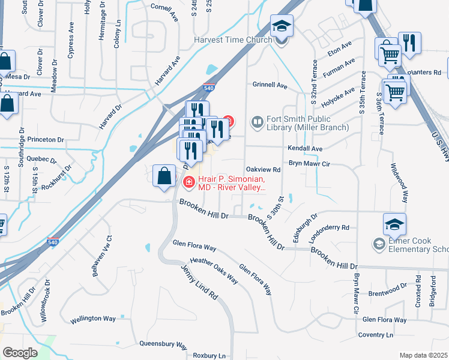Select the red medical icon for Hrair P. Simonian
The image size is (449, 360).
pos(188,182)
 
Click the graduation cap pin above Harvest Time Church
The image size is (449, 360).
pos(281,26)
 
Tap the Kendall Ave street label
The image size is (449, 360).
pos(306,148)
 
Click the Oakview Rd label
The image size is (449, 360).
pos(264,170)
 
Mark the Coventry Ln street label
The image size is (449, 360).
pos(375,334)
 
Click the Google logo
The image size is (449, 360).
pos(20,353)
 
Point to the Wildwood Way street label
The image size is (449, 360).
pos(400,184)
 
